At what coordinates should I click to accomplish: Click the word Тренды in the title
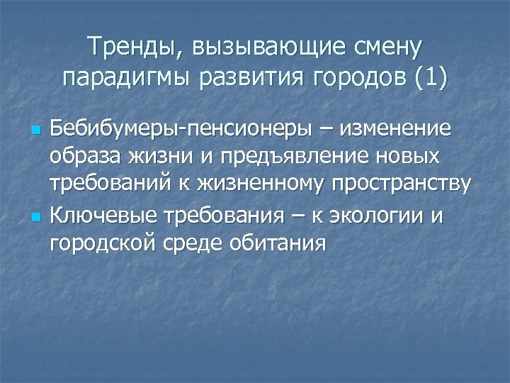pyautogui.click(x=131, y=48)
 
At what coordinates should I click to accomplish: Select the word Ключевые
pyautogui.click(x=104, y=215)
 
